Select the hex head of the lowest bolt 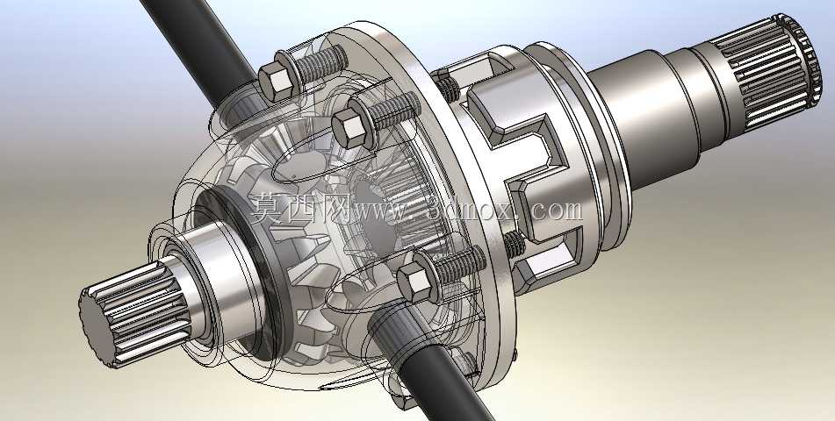coord(414,282)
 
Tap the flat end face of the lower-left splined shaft coord(97,329)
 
